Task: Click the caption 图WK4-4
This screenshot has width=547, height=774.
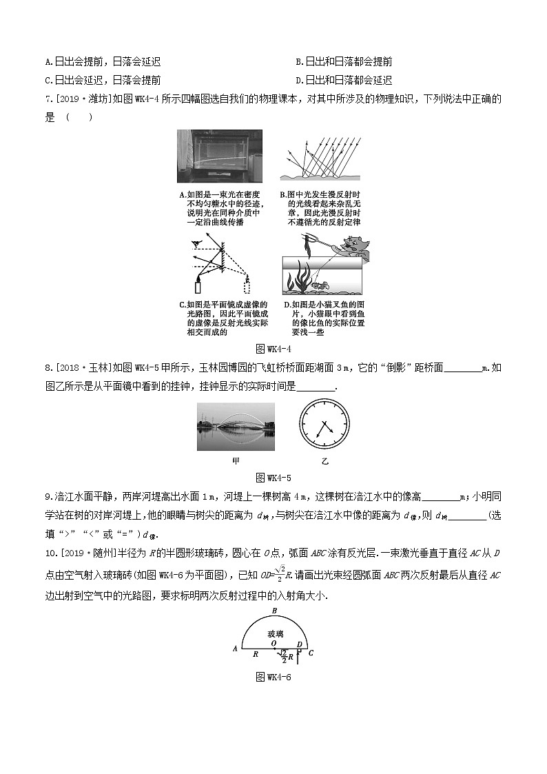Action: (273, 348)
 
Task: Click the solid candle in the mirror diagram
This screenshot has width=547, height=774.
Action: (198, 286)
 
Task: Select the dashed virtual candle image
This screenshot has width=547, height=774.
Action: (247, 286)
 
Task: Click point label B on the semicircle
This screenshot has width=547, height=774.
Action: (274, 611)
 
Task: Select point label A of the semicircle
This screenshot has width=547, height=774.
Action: (235, 649)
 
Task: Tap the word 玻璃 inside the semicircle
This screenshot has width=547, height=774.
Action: (274, 631)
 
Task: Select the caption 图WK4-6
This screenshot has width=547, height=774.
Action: (273, 676)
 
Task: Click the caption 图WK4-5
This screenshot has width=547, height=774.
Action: (273, 477)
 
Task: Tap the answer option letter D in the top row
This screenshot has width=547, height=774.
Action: (298, 79)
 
